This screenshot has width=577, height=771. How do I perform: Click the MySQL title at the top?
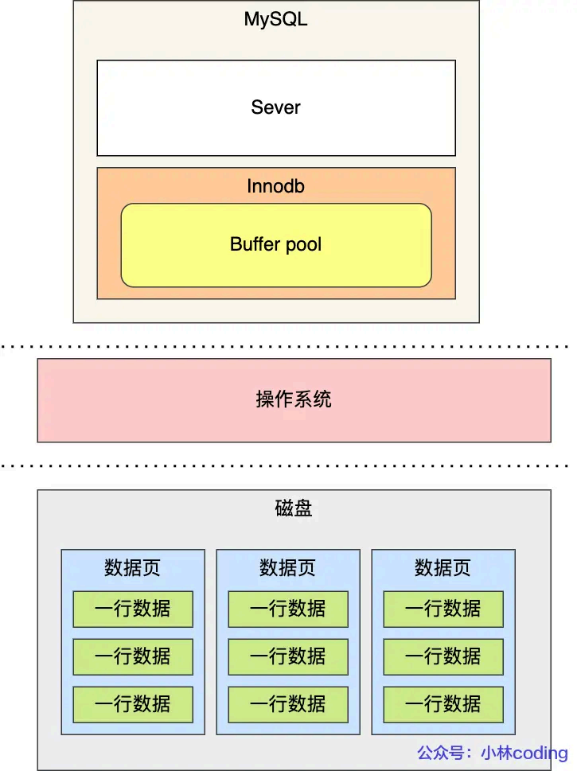coord(275,20)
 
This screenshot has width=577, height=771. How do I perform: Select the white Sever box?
coord(275,107)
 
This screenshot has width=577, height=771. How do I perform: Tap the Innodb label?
coord(275,186)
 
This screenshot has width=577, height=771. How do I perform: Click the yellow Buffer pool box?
coord(275,244)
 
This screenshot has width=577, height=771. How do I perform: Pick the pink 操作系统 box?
coord(294,399)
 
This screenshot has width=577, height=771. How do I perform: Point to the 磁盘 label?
coord(294,508)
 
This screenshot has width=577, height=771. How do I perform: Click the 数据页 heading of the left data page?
coord(132,568)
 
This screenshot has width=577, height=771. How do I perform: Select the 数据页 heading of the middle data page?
coord(287,568)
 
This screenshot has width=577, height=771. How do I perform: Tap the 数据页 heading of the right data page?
coord(442,568)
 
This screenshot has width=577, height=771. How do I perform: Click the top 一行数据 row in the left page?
coord(132,609)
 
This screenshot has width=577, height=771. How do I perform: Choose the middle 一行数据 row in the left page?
coord(132,656)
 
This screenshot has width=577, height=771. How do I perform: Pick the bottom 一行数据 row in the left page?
coord(132,704)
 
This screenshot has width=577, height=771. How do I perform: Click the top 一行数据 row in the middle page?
coord(287,609)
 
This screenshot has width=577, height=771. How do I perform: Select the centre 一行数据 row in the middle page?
coord(287,656)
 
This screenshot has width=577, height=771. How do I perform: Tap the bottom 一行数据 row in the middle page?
coord(287,704)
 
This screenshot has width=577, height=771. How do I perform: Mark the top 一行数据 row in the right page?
coord(442,609)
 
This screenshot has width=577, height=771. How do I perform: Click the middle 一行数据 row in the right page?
coord(442,656)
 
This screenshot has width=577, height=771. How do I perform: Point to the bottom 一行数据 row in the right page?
coord(442,704)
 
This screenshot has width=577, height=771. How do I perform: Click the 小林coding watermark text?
coord(524,753)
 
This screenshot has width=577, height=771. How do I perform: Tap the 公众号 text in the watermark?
coord(442,753)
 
